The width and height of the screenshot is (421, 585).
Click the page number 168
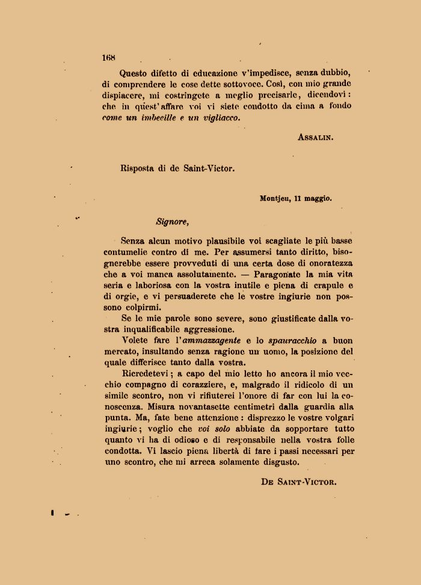point(108,58)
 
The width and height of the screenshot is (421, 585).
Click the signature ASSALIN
point(315,136)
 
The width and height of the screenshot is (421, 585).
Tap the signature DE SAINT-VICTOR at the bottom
point(298,482)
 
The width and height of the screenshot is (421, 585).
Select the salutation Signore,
point(173,221)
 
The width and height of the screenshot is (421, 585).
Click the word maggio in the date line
point(318,197)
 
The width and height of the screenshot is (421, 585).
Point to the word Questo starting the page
point(136,73)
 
